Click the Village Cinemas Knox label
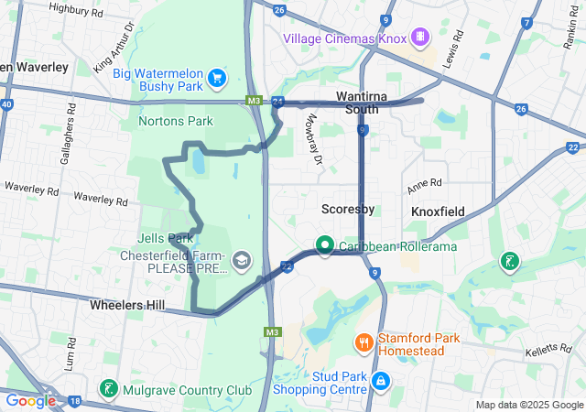[344, 38]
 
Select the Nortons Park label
[175, 121]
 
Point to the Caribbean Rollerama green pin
[324, 244]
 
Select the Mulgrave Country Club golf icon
[109, 389]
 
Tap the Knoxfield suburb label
[438, 211]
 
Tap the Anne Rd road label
[424, 182]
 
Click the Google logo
[30, 400]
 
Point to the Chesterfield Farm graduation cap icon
[241, 261]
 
